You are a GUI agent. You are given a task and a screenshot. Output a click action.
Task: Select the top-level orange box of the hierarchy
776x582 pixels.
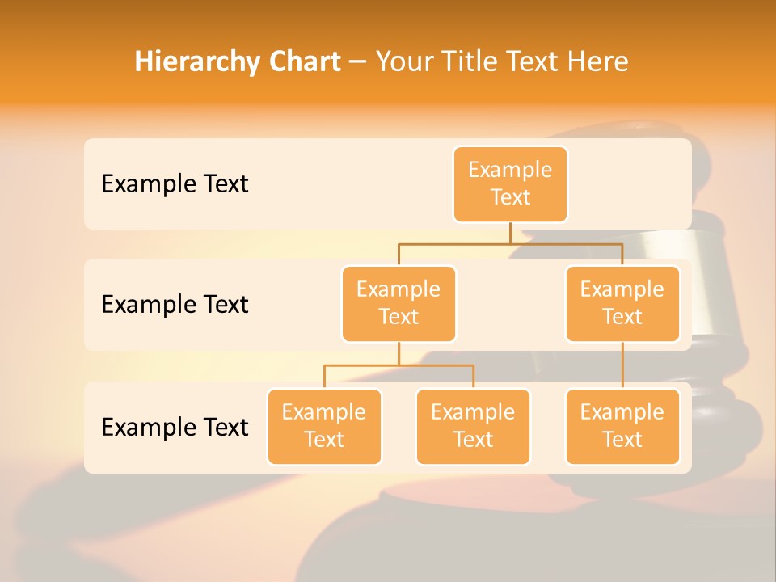[510, 184]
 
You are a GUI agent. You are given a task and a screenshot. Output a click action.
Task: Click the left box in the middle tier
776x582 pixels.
[399, 304]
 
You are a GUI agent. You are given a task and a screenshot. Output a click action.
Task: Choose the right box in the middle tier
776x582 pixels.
[622, 304]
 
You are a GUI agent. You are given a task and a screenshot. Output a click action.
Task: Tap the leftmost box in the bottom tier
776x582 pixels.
[324, 427]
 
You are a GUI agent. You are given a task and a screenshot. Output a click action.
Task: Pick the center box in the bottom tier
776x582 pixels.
[473, 427]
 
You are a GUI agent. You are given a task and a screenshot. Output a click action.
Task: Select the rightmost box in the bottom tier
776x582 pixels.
[622, 427]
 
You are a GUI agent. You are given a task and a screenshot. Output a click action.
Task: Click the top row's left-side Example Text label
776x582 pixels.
[175, 184]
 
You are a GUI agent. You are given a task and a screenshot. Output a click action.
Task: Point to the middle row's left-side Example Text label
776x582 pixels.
[175, 305]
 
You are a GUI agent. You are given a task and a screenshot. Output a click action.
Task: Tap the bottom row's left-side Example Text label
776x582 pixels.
[175, 427]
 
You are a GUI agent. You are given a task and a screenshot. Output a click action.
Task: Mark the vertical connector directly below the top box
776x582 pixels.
[510, 233]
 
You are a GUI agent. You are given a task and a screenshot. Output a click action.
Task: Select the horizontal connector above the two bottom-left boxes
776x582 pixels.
[399, 365]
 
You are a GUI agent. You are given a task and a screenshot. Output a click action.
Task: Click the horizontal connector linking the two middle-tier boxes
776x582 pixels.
[510, 242]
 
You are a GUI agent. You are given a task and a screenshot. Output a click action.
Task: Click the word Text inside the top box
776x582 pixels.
[510, 198]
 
